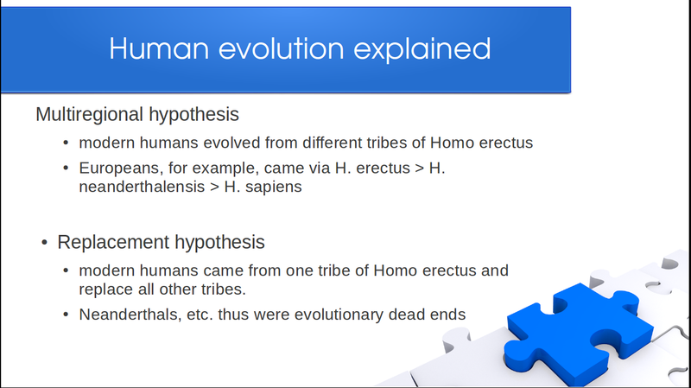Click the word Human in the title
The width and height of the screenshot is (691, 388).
[159, 48]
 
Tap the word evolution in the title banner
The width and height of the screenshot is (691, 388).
[282, 48]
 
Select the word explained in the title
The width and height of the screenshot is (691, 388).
[422, 49]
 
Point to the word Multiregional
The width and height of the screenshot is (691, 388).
[90, 114]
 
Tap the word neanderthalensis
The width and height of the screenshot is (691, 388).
[142, 187]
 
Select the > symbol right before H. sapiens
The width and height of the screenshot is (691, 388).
[214, 187]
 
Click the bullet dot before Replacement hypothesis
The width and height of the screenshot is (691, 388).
[44, 243]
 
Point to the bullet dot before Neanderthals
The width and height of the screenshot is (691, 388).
[66, 315]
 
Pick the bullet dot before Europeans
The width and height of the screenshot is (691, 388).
[66, 168]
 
